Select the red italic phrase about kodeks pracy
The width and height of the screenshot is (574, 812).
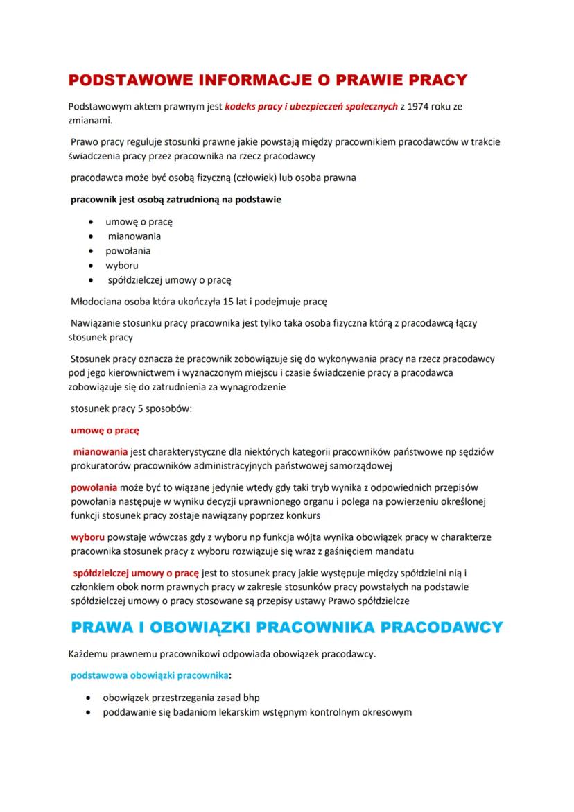pos(311,106)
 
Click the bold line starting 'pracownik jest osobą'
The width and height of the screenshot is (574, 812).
pos(177,200)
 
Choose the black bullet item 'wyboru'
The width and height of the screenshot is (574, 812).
pos(122,266)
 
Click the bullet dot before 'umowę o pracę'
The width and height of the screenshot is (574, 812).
pos(92,222)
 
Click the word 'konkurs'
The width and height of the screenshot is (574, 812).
pos(303,516)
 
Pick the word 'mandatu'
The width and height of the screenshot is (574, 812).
pos(394,551)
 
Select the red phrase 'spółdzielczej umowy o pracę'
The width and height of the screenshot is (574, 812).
pos(135,573)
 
